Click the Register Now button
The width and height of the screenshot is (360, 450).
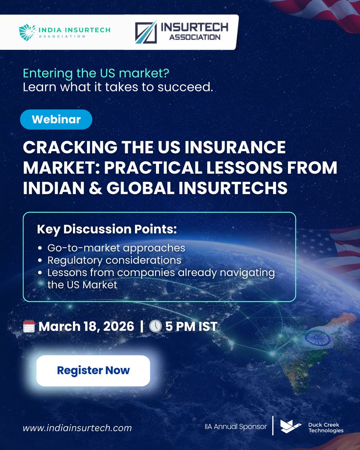pyautogui.click(x=93, y=370)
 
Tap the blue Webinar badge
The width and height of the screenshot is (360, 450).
pyautogui.click(x=56, y=119)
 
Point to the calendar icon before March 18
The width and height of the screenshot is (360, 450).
pyautogui.click(x=29, y=326)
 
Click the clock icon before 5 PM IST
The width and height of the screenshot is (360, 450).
pyautogui.click(x=155, y=326)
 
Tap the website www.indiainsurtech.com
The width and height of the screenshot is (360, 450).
pyautogui.click(x=77, y=428)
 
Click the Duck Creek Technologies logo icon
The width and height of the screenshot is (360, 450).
pyautogui.click(x=291, y=425)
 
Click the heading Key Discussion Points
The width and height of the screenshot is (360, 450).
pyautogui.click(x=106, y=229)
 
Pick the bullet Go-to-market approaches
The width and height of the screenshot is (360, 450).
pyautogui.click(x=116, y=248)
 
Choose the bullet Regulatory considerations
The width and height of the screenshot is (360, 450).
pyautogui.click(x=114, y=260)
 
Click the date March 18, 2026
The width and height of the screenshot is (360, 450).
pyautogui.click(x=86, y=326)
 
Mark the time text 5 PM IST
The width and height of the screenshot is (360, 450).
pyautogui.click(x=191, y=326)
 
